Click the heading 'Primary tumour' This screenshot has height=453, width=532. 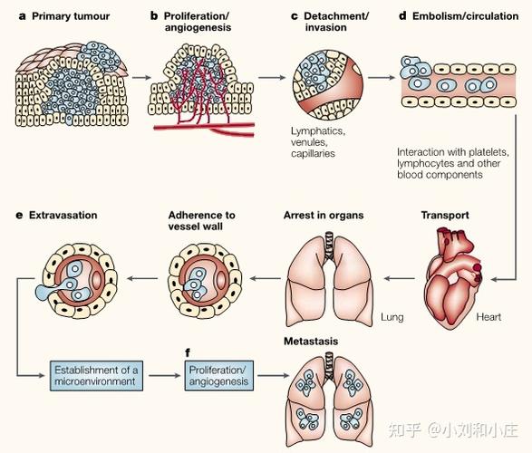pos(71,16)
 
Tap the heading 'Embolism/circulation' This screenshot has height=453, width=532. pos(465,16)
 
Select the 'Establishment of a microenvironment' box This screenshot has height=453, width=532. pos(96,376)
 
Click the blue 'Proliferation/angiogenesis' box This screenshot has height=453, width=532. pos(218,376)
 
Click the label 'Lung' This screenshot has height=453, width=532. pos(392,317)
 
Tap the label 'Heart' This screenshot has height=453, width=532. pos(488,317)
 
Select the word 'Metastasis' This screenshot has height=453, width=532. pos(311,341)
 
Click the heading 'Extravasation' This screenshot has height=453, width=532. pos(63,215)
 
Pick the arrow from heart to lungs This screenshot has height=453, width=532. pos(400,279)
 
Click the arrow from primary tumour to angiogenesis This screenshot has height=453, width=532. pos(141,78)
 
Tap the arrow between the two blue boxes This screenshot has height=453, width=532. pos(164,375)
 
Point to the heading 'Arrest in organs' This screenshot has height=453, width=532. pos(324,215)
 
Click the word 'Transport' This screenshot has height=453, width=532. pos(445,215)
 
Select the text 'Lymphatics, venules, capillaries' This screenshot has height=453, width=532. pos(318,142)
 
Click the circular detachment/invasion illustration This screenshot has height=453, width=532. pos(327,85)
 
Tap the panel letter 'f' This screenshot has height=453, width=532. pos(188,353)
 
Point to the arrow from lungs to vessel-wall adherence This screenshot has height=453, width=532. pos(266,279)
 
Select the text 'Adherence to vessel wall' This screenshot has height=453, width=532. pos(201,221)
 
